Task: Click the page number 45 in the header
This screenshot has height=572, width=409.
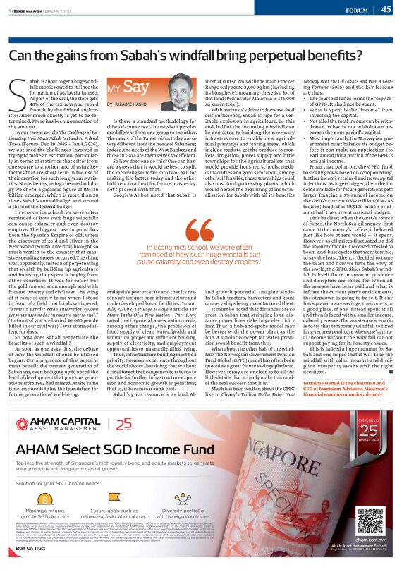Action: [386, 9]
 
